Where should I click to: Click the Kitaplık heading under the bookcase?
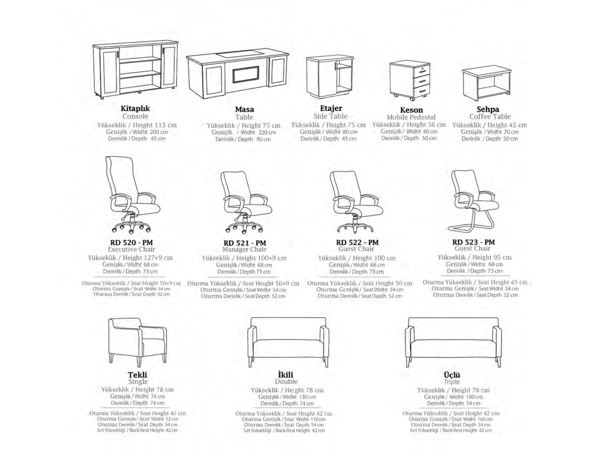(135, 108)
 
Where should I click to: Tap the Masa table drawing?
(237, 75)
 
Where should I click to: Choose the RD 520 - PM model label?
(131, 243)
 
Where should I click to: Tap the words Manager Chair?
(244, 249)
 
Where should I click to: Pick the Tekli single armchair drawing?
(137, 341)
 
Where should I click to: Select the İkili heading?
(286, 375)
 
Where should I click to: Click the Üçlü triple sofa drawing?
(453, 342)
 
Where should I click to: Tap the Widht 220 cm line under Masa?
(258, 132)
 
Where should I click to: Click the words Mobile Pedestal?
(411, 117)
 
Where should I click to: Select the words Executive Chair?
(132, 249)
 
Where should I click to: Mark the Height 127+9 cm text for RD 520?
(147, 258)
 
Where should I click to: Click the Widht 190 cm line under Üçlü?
(466, 397)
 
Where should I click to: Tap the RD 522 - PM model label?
(357, 242)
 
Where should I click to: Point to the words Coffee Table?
(490, 116)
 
